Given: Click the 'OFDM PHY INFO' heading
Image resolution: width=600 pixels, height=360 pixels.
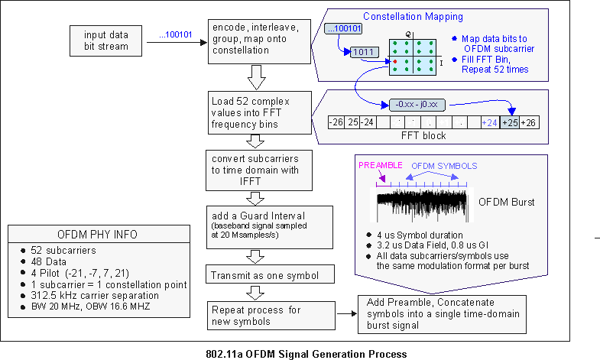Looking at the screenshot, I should point(98,235).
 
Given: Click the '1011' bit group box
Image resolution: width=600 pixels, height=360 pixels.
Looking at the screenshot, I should point(364,52).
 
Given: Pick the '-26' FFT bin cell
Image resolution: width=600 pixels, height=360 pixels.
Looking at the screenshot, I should point(335,122).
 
